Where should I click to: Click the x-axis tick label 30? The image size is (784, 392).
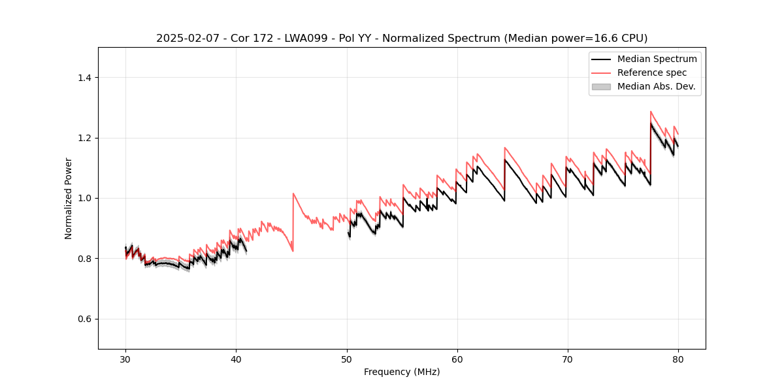coord(126,359)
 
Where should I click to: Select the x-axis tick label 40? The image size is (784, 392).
coord(237,359)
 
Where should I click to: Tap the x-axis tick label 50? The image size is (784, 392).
coord(347,359)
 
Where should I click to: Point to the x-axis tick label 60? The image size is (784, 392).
coord(457,359)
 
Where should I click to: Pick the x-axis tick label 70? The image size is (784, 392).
coord(568,359)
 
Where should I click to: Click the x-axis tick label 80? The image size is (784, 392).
coord(678,359)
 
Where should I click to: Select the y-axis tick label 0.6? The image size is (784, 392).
coord(84,319)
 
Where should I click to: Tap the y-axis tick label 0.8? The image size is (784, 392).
coord(84,259)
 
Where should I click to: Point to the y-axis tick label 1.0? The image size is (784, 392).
coord(84,199)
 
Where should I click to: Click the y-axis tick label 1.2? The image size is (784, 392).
coord(84,138)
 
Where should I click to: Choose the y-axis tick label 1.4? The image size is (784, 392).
coord(84,78)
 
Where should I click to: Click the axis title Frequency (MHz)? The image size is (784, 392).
coord(402,372)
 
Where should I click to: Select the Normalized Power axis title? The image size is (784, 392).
coord(69,198)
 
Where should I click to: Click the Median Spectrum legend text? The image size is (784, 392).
coord(657,59)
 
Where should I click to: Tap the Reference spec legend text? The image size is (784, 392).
coord(651,73)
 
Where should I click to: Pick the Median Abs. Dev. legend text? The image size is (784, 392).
coord(656,86)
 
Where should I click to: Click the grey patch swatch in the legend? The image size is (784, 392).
coord(601,86)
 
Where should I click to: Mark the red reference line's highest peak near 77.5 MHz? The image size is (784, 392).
coord(651,112)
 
